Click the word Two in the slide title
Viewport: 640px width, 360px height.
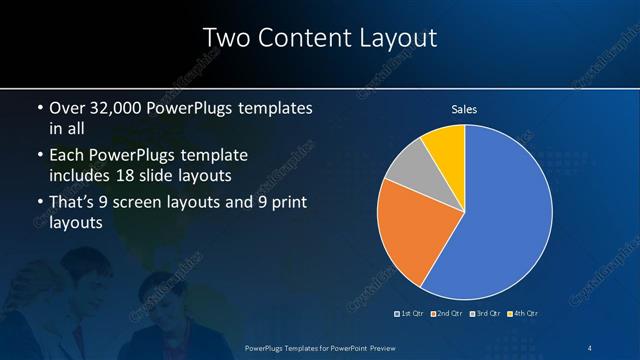pos(227,38)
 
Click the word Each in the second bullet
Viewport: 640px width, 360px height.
pos(66,157)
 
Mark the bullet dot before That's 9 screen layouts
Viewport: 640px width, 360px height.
pos(38,204)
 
